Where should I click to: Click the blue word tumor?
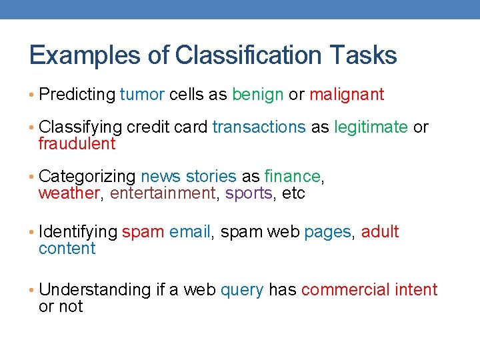[142, 95]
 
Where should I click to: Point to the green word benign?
[257, 95]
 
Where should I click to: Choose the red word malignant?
[347, 95]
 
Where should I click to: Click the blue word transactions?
[259, 127]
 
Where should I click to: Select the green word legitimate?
[371, 127]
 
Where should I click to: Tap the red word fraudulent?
[77, 144]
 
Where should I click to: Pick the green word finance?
[293, 177]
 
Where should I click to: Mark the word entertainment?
[163, 193]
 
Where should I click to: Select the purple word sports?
[249, 193]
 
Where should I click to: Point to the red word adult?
[380, 232]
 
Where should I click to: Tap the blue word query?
[241, 290]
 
